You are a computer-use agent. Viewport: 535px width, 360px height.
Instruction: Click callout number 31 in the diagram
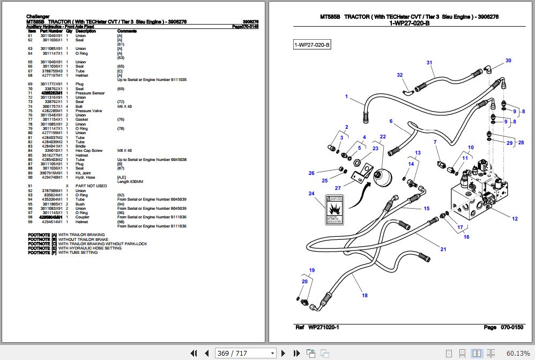tap(429, 63)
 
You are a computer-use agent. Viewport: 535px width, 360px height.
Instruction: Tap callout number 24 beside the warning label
tap(311, 194)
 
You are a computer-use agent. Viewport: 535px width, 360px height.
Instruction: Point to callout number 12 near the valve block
tap(515, 218)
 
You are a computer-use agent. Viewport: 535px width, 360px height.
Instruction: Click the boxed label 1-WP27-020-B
tap(312, 45)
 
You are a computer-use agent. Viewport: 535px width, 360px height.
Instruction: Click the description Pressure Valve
tap(88, 111)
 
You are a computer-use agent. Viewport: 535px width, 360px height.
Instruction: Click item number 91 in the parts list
tap(31, 186)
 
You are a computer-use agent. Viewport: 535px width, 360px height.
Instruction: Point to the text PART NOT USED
tap(87, 186)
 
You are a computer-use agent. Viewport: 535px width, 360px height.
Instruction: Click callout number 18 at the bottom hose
tap(364, 296)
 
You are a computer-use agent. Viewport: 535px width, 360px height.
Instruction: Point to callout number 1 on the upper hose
tap(346, 97)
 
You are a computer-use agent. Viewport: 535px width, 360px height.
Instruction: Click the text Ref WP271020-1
tap(317, 327)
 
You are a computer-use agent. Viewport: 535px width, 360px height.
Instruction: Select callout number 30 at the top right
tap(508, 61)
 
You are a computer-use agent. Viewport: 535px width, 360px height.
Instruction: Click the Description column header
tap(85, 31)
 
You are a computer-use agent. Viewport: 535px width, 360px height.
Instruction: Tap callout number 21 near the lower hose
tap(443, 249)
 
